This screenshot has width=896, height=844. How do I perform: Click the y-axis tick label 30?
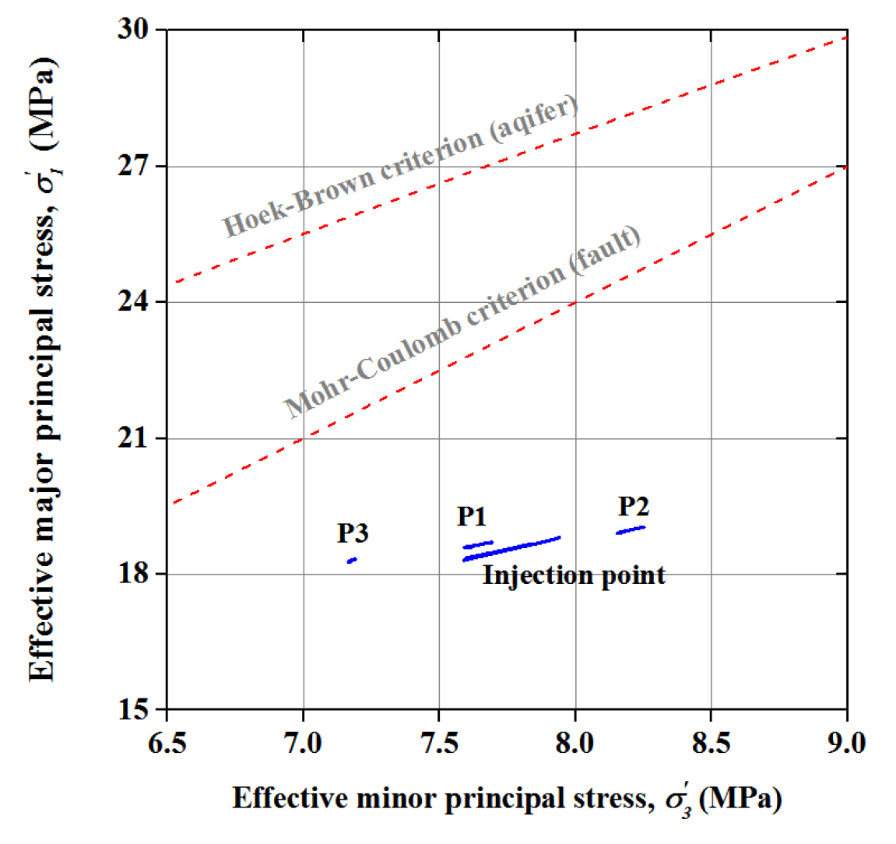(132, 30)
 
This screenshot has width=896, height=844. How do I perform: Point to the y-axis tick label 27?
(132, 167)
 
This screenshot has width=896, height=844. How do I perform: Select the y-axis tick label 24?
(132, 302)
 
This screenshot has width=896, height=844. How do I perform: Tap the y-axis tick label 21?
(132, 438)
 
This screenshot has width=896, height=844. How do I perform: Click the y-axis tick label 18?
(132, 575)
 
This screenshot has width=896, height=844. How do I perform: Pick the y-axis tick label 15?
(132, 710)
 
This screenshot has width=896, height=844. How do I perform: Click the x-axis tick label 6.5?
(167, 743)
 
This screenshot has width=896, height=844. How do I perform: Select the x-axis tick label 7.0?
(303, 743)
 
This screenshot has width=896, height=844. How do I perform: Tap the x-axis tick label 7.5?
(439, 743)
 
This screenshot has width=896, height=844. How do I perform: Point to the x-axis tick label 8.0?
(574, 743)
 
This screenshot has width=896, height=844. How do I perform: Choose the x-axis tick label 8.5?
(711, 743)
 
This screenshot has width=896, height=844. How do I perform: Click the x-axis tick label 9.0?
(846, 743)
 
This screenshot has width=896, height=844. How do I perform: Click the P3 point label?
(353, 533)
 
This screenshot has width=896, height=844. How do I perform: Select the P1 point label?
(472, 516)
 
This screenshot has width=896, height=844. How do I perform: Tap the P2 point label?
(634, 507)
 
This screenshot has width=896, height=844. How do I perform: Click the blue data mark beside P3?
(352, 560)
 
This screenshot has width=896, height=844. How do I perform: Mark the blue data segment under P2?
(631, 530)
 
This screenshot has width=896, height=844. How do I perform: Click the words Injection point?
(574, 575)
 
